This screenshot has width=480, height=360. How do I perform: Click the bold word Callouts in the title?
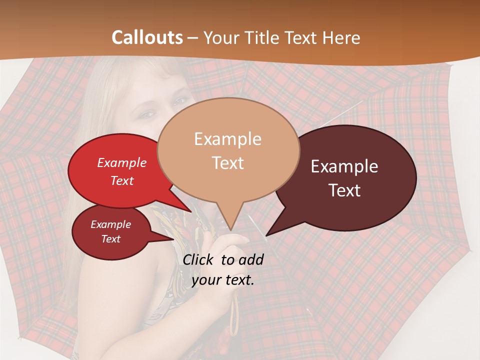(147, 37)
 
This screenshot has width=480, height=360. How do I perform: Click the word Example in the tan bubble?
(227, 139)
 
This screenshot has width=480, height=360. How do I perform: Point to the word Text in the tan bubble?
(227, 163)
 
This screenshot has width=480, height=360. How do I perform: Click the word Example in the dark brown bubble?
(344, 166)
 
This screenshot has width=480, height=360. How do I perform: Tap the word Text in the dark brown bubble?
(344, 190)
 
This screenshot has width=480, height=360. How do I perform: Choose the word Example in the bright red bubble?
(122, 162)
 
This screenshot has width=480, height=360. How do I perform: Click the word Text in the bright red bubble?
(122, 180)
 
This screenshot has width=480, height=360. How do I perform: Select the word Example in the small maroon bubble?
(110, 224)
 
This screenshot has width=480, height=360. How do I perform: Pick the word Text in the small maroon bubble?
(110, 239)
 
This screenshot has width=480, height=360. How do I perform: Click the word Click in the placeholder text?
(199, 259)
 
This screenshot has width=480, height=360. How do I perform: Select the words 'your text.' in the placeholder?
(223, 280)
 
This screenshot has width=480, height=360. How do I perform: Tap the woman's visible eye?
(146, 114)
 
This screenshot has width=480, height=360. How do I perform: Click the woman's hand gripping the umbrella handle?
(227, 270)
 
